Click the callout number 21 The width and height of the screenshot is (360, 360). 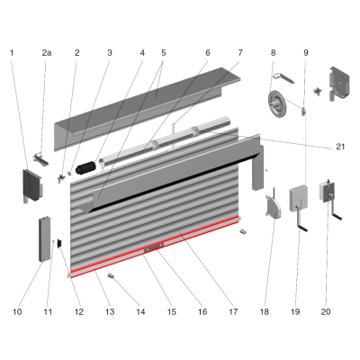(340, 147)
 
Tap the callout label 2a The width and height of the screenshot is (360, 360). (47, 53)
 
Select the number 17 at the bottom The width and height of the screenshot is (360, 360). (233, 312)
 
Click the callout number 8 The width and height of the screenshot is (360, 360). (273, 53)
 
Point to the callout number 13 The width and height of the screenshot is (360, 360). (110, 312)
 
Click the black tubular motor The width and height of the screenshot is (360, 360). (85, 167)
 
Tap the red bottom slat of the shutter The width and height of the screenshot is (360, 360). (155, 247)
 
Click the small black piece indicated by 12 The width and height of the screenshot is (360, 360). (59, 243)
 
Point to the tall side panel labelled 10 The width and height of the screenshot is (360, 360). (44, 239)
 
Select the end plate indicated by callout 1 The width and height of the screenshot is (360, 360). (32, 185)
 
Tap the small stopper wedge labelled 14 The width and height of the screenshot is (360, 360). (112, 275)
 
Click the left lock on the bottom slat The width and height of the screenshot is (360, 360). (148, 248)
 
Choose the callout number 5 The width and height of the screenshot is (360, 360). (164, 53)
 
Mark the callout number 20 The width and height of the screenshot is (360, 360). (326, 312)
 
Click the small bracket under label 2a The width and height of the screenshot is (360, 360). (41, 159)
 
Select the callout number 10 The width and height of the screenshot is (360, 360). (17, 312)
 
